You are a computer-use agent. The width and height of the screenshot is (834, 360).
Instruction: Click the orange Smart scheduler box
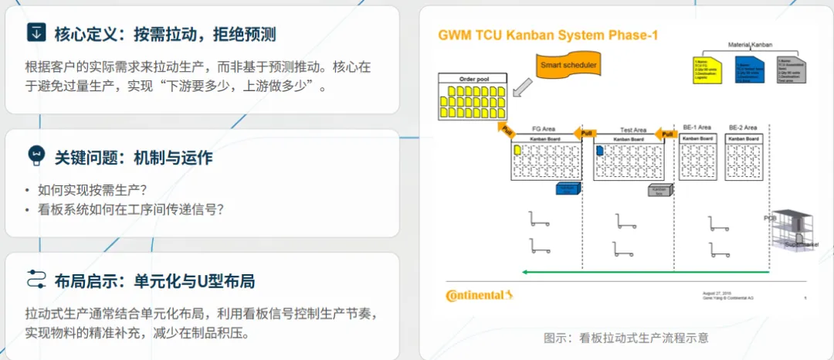[x=568, y=66]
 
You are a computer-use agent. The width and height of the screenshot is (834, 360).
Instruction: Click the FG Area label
[x=544, y=129]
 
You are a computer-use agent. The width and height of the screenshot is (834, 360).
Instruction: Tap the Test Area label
[x=633, y=130]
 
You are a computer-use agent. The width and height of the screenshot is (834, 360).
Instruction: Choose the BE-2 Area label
[x=743, y=127]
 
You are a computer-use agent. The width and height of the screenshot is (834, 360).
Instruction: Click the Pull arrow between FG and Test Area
[x=588, y=132]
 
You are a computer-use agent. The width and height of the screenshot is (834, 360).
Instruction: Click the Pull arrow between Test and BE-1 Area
[x=666, y=134]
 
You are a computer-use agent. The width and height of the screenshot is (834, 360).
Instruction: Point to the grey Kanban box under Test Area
[x=659, y=190]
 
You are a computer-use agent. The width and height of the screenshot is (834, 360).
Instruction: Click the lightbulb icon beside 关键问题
[x=36, y=155]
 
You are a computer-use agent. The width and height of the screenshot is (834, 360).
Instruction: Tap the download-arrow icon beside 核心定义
[x=36, y=32]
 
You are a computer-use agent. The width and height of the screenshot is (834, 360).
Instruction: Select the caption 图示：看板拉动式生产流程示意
[x=626, y=338]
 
